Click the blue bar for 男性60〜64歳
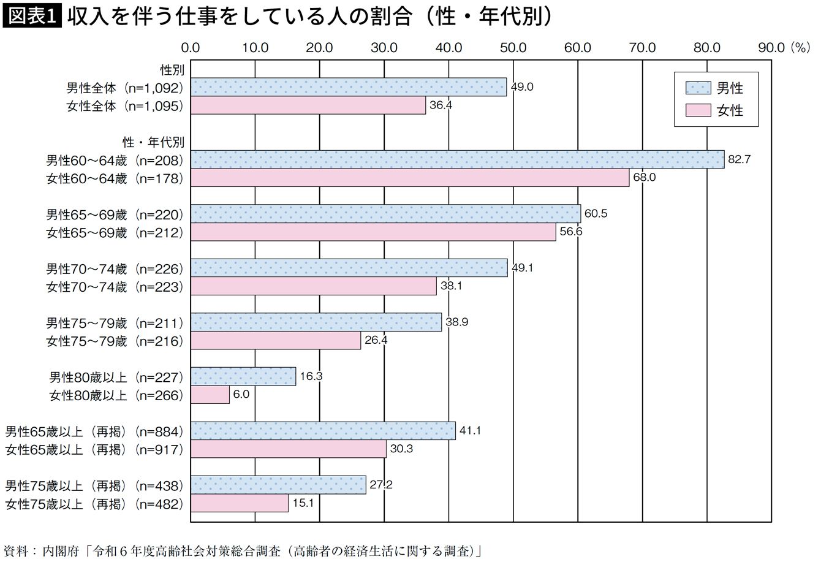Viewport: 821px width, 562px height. [x=457, y=159]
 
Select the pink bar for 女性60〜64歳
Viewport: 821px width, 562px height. [x=410, y=178]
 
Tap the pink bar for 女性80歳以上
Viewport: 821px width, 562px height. [x=210, y=395]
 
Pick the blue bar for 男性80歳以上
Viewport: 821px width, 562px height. [x=243, y=376]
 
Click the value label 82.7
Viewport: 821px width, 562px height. [x=739, y=159]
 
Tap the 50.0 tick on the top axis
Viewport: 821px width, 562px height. [x=513, y=48]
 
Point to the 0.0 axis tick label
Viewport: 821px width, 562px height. [x=191, y=48]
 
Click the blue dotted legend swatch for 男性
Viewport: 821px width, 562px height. [x=698, y=89]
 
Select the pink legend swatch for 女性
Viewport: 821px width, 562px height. [x=698, y=110]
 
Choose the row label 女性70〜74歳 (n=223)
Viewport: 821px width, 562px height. [x=115, y=286]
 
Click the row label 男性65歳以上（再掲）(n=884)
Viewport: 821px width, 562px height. [x=94, y=431]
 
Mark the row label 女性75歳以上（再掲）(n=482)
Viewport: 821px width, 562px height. [x=94, y=504]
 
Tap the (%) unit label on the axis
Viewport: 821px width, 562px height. [x=800, y=48]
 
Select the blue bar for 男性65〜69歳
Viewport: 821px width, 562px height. [x=385, y=214]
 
